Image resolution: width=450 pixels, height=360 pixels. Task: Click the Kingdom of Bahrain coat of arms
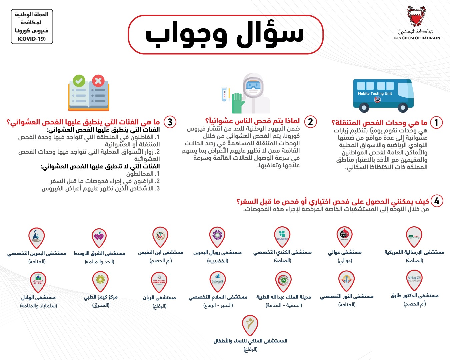416,16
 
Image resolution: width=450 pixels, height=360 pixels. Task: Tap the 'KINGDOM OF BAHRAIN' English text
417,38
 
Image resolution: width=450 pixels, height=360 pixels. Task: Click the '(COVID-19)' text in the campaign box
32,39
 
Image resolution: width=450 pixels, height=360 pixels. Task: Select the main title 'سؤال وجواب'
225,34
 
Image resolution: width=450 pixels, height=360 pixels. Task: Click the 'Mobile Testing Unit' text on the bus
375,94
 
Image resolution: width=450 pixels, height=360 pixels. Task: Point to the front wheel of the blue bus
403,108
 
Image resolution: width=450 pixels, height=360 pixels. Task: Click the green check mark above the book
79,81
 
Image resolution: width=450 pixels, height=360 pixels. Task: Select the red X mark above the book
98,81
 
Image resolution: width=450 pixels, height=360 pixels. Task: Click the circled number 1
436,122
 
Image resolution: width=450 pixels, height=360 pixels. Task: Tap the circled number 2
310,122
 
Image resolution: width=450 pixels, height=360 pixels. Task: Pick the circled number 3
170,122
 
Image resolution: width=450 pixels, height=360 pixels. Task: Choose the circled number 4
437,201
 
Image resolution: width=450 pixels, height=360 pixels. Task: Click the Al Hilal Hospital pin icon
38,280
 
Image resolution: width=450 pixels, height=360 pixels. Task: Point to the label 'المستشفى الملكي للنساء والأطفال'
250,341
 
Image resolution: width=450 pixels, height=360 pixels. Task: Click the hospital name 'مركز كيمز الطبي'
101,297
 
